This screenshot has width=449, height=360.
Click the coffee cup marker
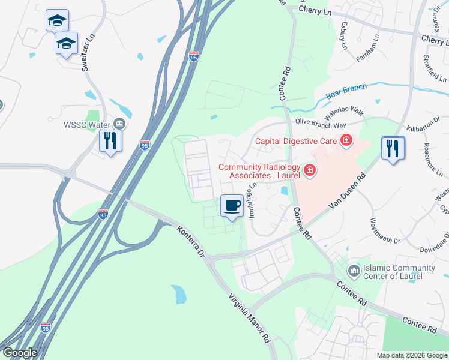pyautogui.click(x=232, y=206)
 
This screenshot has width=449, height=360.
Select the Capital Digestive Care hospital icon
pyautogui.click(x=346, y=142)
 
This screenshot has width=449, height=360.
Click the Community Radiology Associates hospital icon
pyautogui.click(x=309, y=171)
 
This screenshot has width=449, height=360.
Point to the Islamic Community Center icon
pyautogui.click(x=354, y=272)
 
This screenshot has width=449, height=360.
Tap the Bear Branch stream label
pyautogui.click(x=345, y=92)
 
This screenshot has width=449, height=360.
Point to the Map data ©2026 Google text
pyautogui.click(x=412, y=355)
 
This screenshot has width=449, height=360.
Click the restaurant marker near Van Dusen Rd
pyautogui.click(x=393, y=148)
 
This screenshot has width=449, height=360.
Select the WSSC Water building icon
pyautogui.click(x=119, y=124)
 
